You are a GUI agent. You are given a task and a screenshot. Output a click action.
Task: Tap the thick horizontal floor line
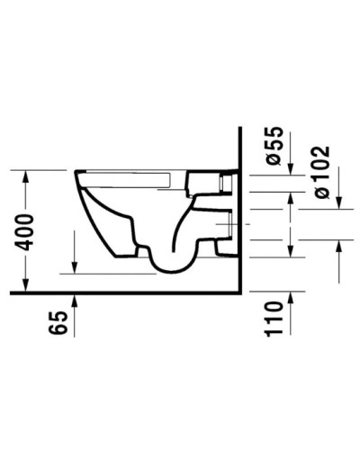(x=126, y=294)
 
